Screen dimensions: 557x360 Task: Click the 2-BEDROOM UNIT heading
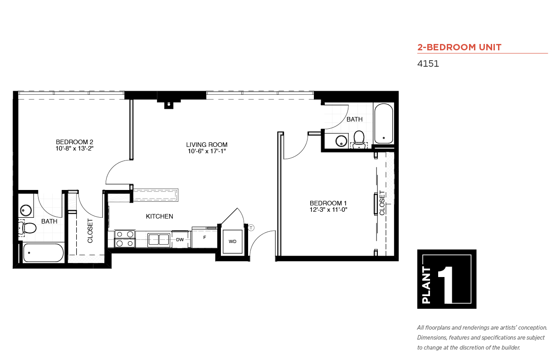click(x=459, y=47)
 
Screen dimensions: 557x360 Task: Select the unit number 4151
click(x=428, y=63)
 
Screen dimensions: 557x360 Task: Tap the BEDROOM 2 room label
click(x=74, y=142)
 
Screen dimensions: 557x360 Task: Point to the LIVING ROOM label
click(x=207, y=145)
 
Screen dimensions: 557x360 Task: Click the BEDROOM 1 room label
click(x=328, y=203)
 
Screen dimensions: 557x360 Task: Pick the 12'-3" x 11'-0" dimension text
click(x=328, y=209)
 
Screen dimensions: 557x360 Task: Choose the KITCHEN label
click(x=159, y=216)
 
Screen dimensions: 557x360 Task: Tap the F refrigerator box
click(x=205, y=237)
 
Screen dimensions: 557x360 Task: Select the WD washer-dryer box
click(x=233, y=241)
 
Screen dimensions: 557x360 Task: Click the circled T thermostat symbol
click(x=251, y=228)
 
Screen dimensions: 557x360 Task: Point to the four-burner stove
click(x=125, y=238)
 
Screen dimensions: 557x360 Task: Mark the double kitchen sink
click(x=159, y=240)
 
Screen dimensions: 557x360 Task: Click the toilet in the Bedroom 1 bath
click(x=359, y=139)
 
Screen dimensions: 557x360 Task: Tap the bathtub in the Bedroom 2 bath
click(x=43, y=253)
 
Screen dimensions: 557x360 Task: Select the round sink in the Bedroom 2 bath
click(x=25, y=210)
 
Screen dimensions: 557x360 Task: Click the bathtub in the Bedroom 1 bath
click(x=384, y=124)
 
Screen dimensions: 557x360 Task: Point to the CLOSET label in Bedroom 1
click(x=382, y=203)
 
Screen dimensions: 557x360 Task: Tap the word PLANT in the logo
click(x=426, y=285)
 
